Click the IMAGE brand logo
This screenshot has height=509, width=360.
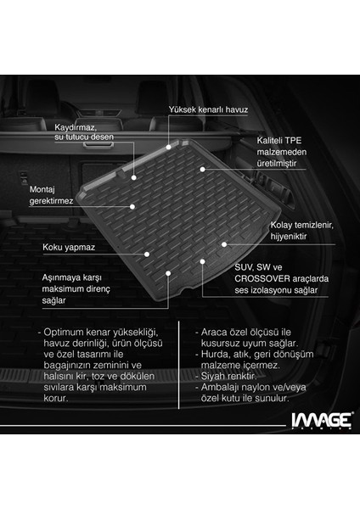[321, 421]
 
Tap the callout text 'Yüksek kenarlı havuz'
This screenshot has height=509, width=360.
[208, 109]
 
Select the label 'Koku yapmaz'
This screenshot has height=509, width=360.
[69, 248]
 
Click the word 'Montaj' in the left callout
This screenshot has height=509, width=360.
[42, 189]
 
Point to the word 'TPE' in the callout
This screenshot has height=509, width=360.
[294, 141]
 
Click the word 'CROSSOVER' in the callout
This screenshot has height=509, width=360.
[262, 279]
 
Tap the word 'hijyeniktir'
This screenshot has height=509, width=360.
[289, 237]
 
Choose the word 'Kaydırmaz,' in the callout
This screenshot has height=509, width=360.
[76, 127]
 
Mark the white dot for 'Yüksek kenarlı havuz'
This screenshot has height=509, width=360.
[169, 147]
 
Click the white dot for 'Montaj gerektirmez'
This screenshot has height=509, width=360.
[132, 207]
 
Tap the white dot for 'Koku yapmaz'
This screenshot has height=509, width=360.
[147, 255]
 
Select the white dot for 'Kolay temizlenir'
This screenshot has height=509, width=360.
[224, 244]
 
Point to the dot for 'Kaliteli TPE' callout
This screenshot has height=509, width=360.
[202, 170]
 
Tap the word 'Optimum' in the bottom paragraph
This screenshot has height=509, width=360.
[64, 333]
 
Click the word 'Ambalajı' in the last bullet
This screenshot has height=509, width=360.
[220, 388]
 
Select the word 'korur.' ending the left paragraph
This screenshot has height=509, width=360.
[55, 399]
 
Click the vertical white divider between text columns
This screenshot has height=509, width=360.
[179, 365]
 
